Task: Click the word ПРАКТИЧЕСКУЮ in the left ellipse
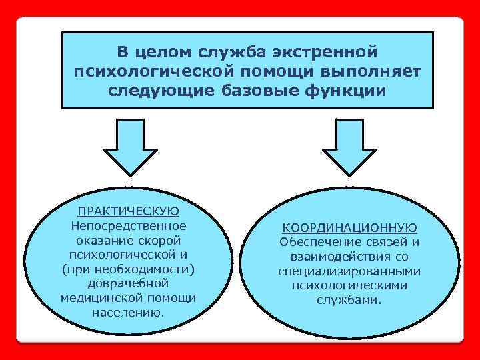pyautogui.click(x=128, y=211)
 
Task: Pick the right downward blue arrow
pyautogui.click(x=347, y=147)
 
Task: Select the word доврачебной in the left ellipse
pyautogui.click(x=128, y=283)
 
